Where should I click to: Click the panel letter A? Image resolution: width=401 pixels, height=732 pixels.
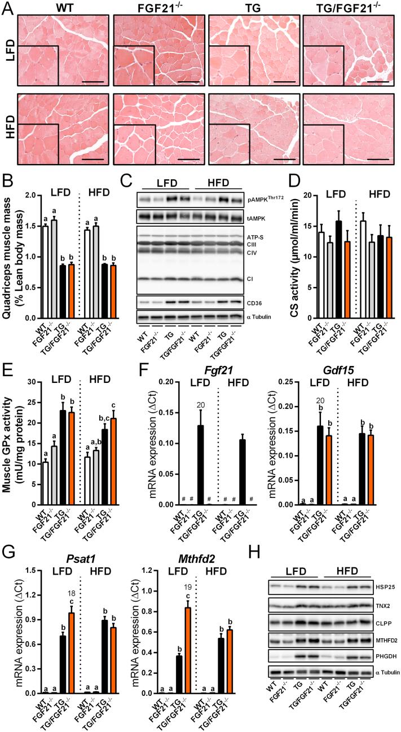click(x=7, y=9)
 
